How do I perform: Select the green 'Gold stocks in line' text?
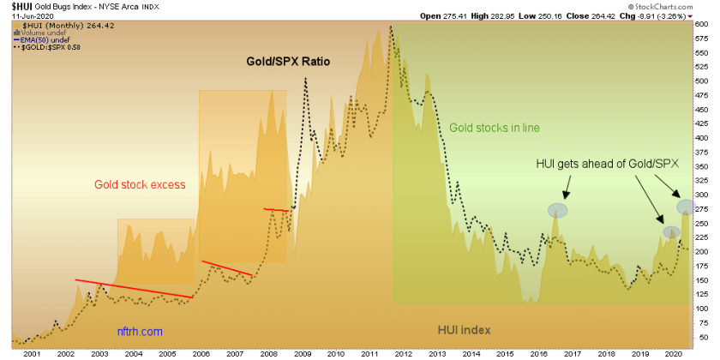[x=495, y=128]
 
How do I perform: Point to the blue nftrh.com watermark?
[x=139, y=330]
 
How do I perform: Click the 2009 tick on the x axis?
[x=301, y=353]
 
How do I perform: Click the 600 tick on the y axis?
[x=701, y=25]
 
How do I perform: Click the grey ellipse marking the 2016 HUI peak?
[x=558, y=209]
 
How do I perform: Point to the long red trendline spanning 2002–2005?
[x=133, y=289]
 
